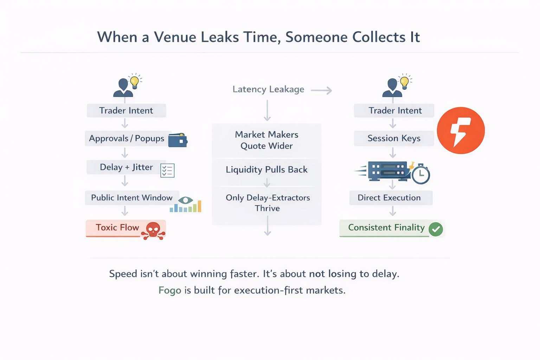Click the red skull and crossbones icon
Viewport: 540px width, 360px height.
[x=153, y=231]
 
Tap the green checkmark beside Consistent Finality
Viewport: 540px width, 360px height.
[x=436, y=229]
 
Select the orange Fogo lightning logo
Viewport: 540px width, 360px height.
[x=461, y=130]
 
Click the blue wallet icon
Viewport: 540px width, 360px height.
[x=178, y=140]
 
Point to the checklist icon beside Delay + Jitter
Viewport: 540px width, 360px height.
[x=167, y=171]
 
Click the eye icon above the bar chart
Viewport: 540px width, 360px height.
[x=185, y=200]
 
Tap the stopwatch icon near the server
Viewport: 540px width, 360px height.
[x=420, y=174]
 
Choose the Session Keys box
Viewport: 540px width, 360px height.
[x=394, y=139]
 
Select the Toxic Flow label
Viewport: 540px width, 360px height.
[x=117, y=228]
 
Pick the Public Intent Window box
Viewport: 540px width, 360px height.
[x=132, y=198]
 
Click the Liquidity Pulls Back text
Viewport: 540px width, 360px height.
[x=266, y=170]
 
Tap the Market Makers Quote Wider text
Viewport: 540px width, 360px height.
[x=266, y=140]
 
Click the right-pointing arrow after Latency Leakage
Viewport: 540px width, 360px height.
[x=321, y=91]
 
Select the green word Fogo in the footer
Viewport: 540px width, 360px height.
[x=170, y=290]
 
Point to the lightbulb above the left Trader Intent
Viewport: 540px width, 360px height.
[x=134, y=82]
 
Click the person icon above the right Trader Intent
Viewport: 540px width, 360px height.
[x=392, y=88]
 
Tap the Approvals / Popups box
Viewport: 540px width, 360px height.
[x=127, y=139]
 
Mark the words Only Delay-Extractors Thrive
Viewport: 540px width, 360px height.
[x=268, y=203]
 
